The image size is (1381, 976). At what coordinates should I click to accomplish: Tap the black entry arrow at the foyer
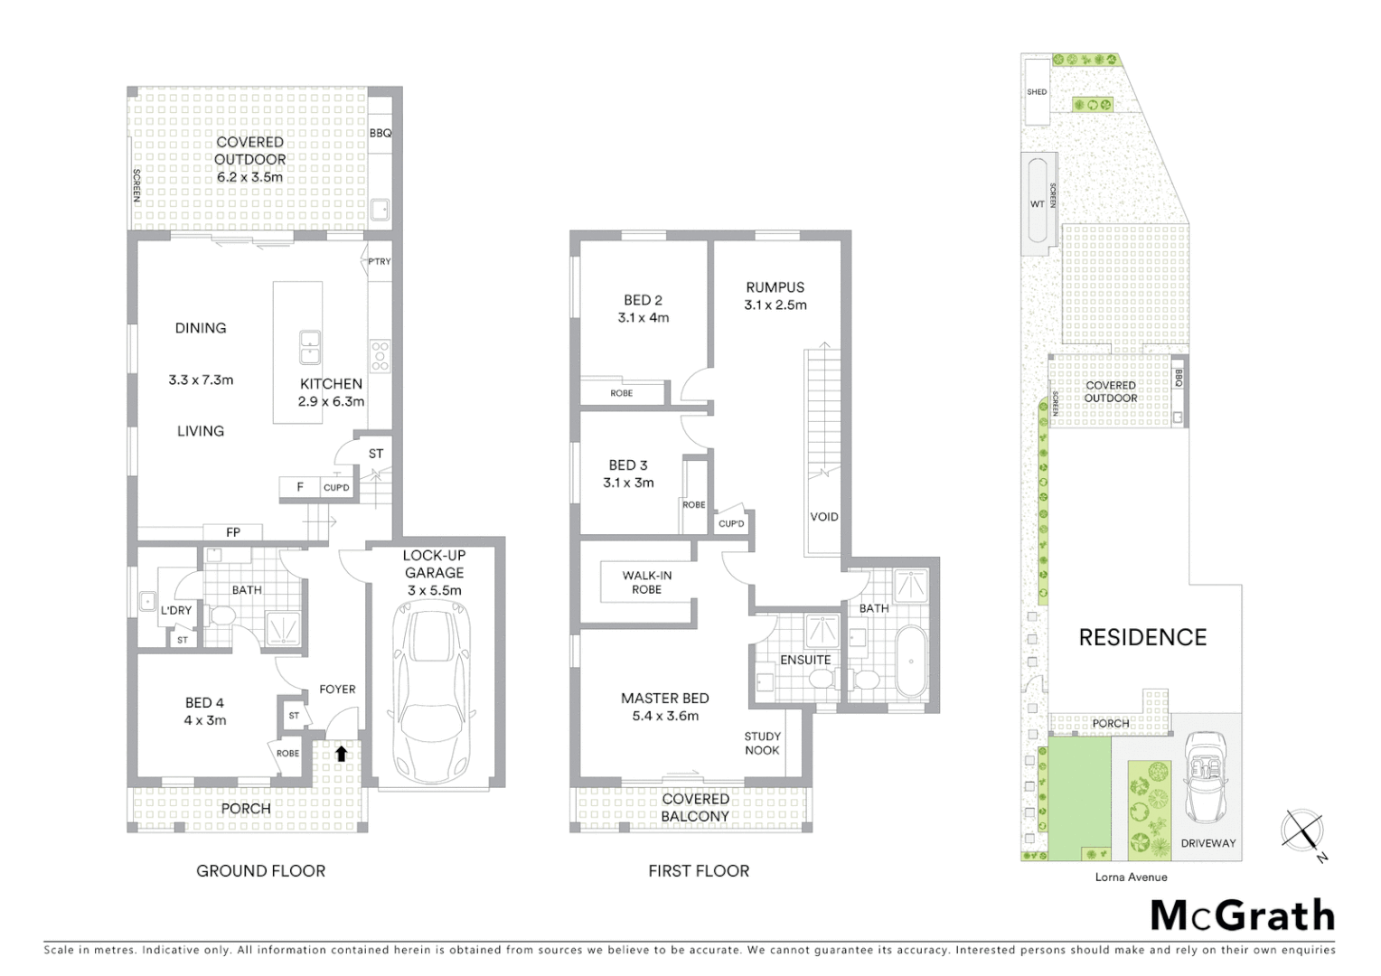click(341, 753)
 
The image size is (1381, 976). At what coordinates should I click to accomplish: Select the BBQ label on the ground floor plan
click(380, 133)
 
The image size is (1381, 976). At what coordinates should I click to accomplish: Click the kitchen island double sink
click(310, 342)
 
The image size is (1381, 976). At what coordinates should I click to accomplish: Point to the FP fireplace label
click(233, 532)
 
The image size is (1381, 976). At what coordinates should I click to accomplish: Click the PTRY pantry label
click(380, 261)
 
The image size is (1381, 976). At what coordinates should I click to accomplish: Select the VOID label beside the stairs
click(823, 517)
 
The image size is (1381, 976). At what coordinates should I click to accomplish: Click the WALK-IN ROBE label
click(647, 582)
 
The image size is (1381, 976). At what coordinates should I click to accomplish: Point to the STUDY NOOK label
click(762, 743)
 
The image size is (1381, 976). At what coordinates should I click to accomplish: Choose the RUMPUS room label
click(775, 287)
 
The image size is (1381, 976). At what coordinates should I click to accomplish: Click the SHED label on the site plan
click(1037, 92)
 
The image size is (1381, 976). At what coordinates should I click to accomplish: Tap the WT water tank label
click(1037, 204)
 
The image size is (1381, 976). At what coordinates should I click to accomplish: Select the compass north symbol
click(1302, 831)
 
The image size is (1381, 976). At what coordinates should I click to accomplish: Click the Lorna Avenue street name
click(1131, 877)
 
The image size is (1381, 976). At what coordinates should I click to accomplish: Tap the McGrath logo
click(1242, 915)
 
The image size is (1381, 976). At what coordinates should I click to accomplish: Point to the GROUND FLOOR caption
click(260, 871)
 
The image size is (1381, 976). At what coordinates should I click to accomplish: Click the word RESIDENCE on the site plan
click(1142, 637)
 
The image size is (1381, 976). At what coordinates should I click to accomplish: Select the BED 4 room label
click(204, 702)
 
